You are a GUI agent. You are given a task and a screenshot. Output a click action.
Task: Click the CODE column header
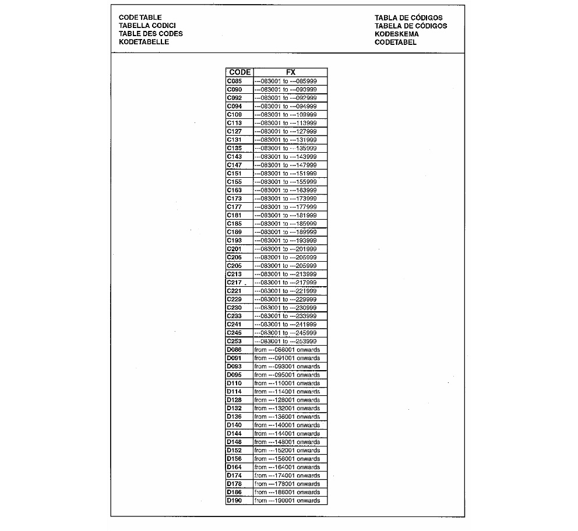pyautogui.click(x=239, y=72)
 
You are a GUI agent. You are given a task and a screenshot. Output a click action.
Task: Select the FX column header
pyautogui.click(x=291, y=72)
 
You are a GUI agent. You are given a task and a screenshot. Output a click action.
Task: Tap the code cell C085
pyautogui.click(x=234, y=81)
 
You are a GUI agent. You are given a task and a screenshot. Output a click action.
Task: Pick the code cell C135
pyautogui.click(x=234, y=148)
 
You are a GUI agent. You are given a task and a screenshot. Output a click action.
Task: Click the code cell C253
pyautogui.click(x=234, y=341)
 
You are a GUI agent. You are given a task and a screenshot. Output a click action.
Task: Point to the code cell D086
pyautogui.click(x=234, y=349)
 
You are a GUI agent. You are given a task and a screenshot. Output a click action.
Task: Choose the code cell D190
pyautogui.click(x=234, y=501)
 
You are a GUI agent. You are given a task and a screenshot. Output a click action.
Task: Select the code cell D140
pyautogui.click(x=234, y=425)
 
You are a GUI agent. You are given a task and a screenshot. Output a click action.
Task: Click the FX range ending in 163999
pyautogui.click(x=286, y=190)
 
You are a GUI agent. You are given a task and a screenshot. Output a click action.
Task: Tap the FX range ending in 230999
pyautogui.click(x=286, y=307)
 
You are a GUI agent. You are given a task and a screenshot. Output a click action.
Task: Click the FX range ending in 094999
pyautogui.click(x=286, y=106)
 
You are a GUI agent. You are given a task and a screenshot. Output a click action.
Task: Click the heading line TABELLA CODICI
pyautogui.click(x=147, y=26)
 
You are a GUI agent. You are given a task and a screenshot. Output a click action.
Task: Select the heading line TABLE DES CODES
pyautogui.click(x=150, y=34)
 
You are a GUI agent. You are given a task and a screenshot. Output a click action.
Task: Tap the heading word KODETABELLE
pyautogui.click(x=144, y=42)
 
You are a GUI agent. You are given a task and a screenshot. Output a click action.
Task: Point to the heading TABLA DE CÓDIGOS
pyautogui.click(x=408, y=17)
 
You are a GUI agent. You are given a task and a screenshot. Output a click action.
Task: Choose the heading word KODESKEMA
pyautogui.click(x=397, y=34)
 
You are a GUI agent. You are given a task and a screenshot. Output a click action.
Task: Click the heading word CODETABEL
pyautogui.click(x=396, y=42)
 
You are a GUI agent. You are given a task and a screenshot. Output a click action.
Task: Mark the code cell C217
pyautogui.click(x=234, y=282)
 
